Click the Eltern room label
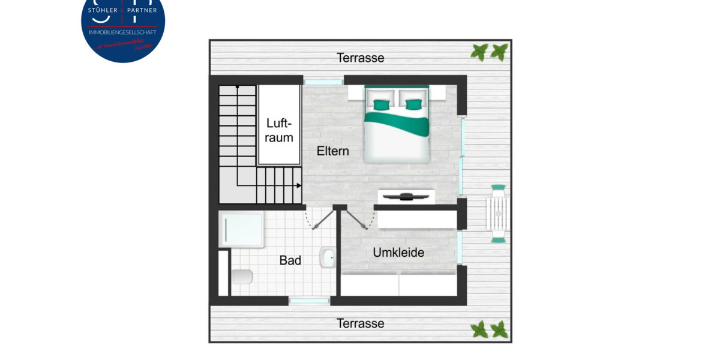coord(332,151)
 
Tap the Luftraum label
coord(280,130)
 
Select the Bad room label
coord(290,260)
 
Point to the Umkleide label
coord(398,253)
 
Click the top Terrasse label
coord(360,58)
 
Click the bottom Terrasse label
coord(360,323)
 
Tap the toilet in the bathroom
coord(242,277)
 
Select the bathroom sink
coord(327,258)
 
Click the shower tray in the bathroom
coord(241,229)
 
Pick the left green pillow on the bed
coord(380,105)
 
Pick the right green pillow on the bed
coord(413,105)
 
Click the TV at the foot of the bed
coord(406,195)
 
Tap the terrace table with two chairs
coord(498,214)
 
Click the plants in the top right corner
coord(490,52)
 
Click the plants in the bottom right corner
coord(490,329)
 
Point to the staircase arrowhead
coord(298,186)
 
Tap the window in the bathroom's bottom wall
coord(310,301)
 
